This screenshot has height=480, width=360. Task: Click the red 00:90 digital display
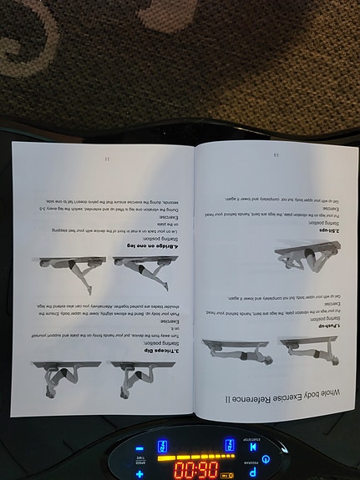[x=195, y=469]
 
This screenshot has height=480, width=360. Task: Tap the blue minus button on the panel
[x=139, y=449]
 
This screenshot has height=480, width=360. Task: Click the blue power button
[x=266, y=459]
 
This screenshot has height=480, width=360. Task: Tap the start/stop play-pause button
[x=253, y=447]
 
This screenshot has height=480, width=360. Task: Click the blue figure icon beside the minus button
[x=162, y=447]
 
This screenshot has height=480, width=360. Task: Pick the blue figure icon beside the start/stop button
[x=230, y=445]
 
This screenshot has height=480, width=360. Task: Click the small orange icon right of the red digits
[x=227, y=472]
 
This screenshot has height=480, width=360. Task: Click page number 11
[x=107, y=159]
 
